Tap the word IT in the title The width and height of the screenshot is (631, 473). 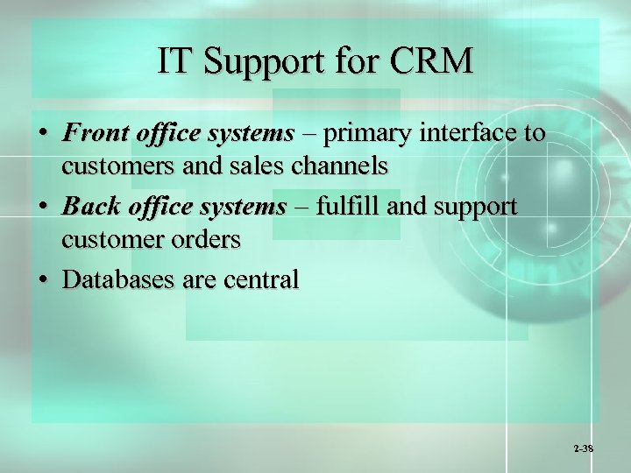click(172, 61)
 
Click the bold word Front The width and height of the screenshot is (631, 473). click(95, 133)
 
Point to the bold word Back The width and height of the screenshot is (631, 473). click(90, 208)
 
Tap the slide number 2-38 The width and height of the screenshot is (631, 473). click(584, 448)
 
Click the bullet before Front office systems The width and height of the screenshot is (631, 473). click(42, 134)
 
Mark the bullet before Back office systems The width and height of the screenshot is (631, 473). click(42, 208)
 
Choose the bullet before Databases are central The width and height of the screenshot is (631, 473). click(42, 280)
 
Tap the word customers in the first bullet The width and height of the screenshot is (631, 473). click(111, 164)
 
